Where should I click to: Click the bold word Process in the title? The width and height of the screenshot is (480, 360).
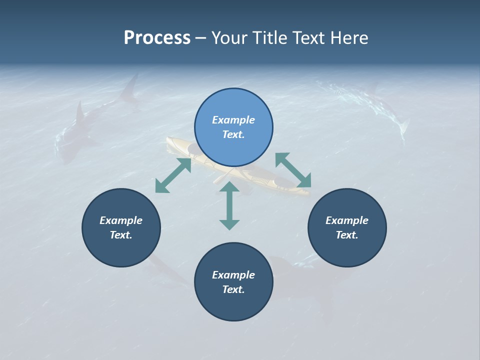[157, 38]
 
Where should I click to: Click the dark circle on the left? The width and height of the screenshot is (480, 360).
[121, 227]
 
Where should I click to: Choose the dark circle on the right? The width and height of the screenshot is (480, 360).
[347, 227]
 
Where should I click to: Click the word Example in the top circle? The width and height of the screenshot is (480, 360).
[233, 120]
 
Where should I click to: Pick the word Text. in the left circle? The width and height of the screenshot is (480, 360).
[121, 235]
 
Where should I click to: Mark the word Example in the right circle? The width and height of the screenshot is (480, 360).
[347, 220]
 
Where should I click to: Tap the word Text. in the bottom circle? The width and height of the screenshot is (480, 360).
[233, 289]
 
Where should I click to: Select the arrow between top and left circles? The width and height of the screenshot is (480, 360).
[173, 175]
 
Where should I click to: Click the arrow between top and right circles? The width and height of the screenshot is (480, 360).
[293, 170]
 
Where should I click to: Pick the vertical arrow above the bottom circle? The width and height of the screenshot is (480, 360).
[229, 205]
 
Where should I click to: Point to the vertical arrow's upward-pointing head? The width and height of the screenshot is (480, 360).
[229, 187]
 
